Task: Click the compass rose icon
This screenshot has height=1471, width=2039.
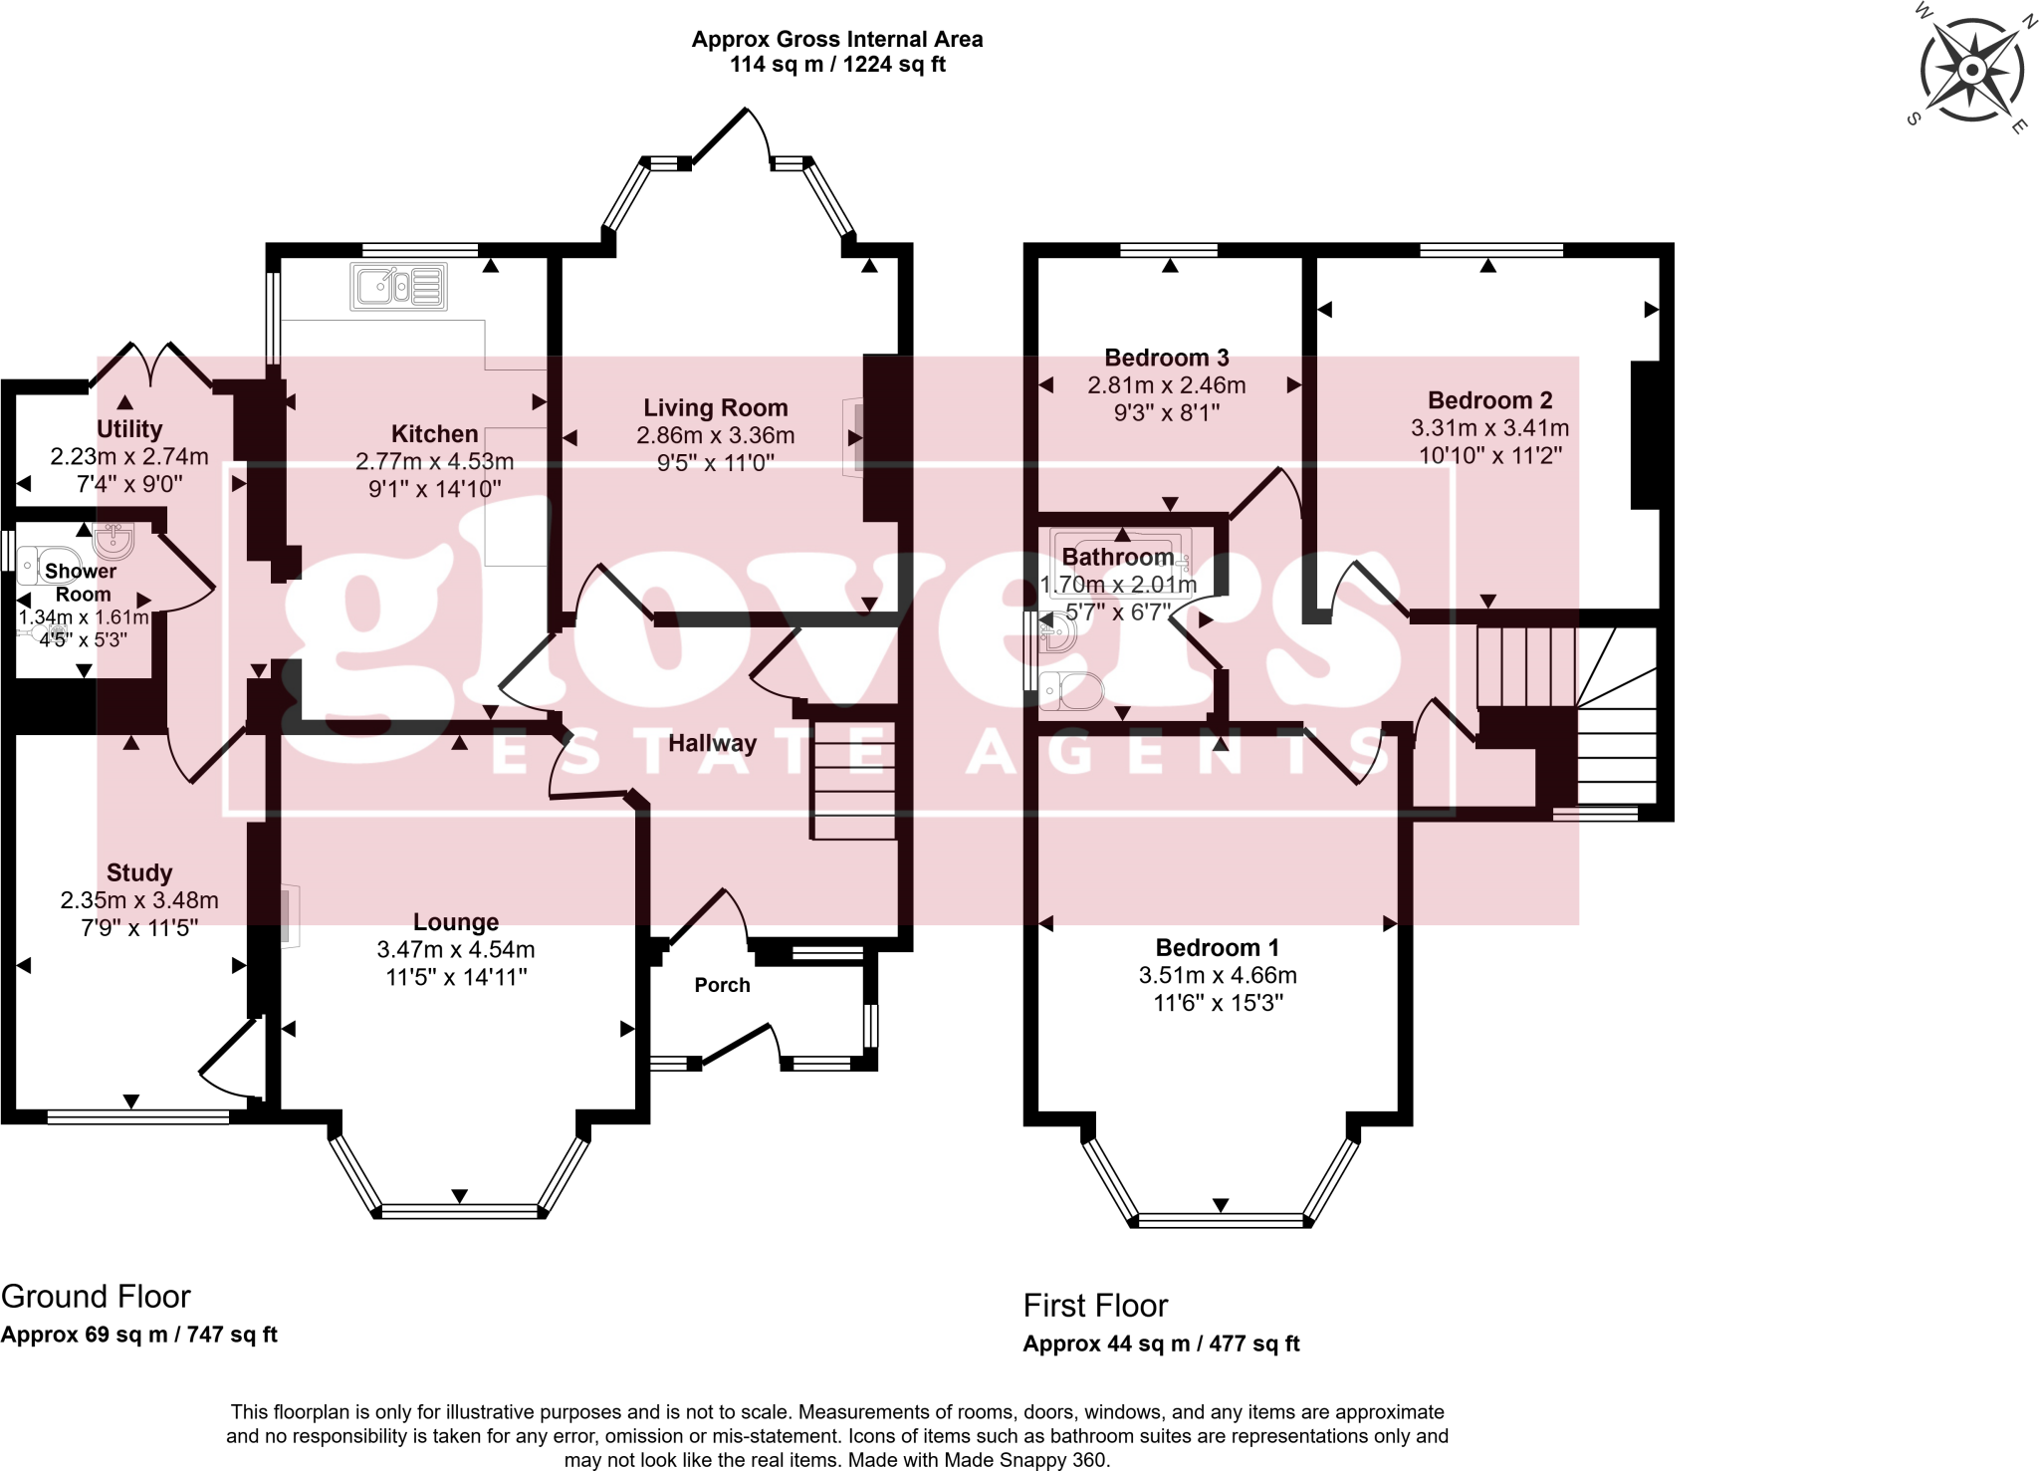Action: click(1971, 70)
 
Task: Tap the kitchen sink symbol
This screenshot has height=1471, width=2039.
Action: click(398, 287)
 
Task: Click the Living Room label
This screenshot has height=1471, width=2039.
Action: click(715, 407)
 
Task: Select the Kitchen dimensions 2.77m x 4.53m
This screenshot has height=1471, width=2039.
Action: click(434, 461)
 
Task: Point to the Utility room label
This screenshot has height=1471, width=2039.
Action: click(129, 429)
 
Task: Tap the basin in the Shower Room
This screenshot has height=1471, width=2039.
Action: click(113, 541)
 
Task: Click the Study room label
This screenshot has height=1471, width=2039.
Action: click(139, 872)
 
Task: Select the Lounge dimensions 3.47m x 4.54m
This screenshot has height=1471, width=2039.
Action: click(456, 949)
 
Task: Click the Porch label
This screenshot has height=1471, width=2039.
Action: click(722, 985)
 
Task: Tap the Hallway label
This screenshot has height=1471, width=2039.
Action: click(712, 743)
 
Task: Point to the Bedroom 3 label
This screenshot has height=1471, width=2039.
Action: click(1167, 358)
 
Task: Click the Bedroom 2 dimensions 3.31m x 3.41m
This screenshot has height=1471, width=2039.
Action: click(1489, 428)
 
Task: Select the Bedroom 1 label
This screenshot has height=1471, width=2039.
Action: click(1217, 947)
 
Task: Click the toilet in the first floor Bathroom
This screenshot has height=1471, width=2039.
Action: click(1072, 690)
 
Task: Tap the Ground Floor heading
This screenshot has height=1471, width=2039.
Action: click(96, 1296)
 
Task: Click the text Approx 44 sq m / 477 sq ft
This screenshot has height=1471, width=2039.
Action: click(1161, 1344)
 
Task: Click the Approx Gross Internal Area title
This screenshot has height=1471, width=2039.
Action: click(837, 39)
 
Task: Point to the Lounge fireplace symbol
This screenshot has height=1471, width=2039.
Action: click(288, 915)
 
